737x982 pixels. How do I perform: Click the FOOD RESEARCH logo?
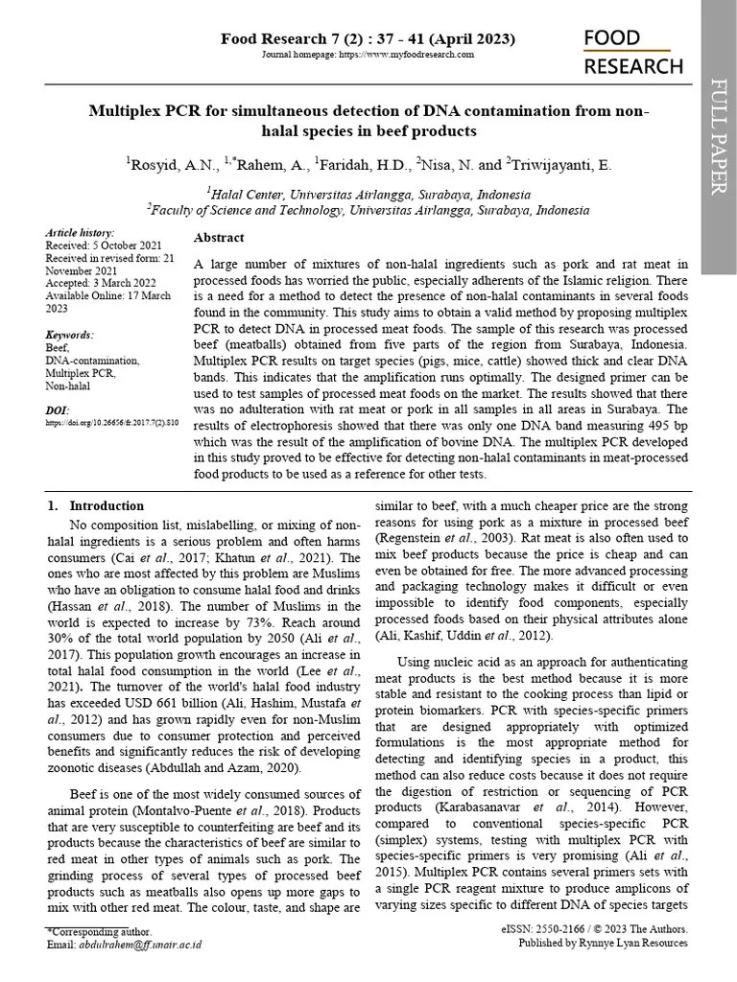pyautogui.click(x=633, y=52)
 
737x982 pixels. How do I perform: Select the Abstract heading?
pyautogui.click(x=219, y=238)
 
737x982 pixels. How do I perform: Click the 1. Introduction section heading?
pyautogui.click(x=96, y=506)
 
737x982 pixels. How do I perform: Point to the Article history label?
pyautogui.click(x=80, y=233)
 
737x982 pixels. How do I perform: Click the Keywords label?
pyautogui.click(x=70, y=335)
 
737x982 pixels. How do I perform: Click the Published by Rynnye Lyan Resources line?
pyautogui.click(x=603, y=945)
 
